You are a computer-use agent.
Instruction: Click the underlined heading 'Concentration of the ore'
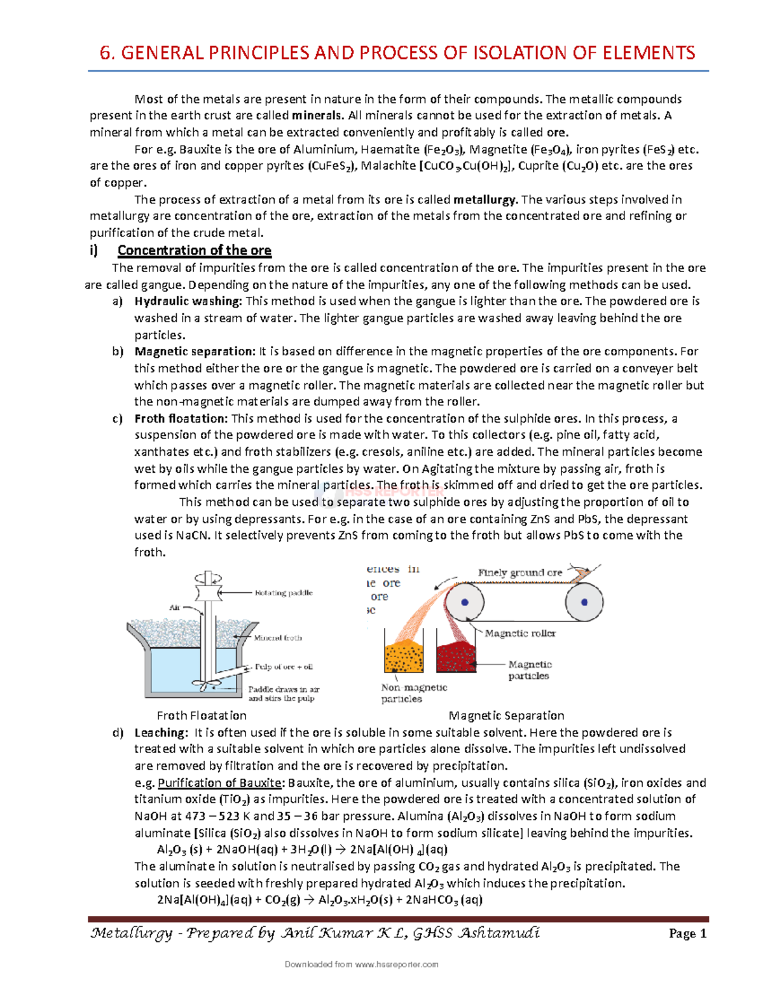coord(194,250)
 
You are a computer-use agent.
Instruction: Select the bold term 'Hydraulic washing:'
coord(188,301)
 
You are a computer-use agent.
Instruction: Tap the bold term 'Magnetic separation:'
coord(194,351)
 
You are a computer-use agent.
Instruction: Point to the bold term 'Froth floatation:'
coord(181,419)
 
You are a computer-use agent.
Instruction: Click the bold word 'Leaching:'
coord(161,733)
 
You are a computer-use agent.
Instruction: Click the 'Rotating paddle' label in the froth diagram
coord(284,593)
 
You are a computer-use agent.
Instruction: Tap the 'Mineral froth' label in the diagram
coord(278,637)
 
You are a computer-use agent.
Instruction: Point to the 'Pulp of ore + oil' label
coord(284,667)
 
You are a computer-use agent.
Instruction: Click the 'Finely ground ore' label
coord(519,573)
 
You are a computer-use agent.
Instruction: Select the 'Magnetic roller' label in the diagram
coord(519,634)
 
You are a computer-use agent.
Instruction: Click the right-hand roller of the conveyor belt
coord(584,602)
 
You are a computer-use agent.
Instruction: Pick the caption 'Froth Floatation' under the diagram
coord(202,716)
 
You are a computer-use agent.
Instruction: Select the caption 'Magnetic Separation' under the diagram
coord(506,716)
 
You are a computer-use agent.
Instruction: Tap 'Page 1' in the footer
coord(687,934)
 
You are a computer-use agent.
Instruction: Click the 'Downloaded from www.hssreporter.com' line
coord(361,964)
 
